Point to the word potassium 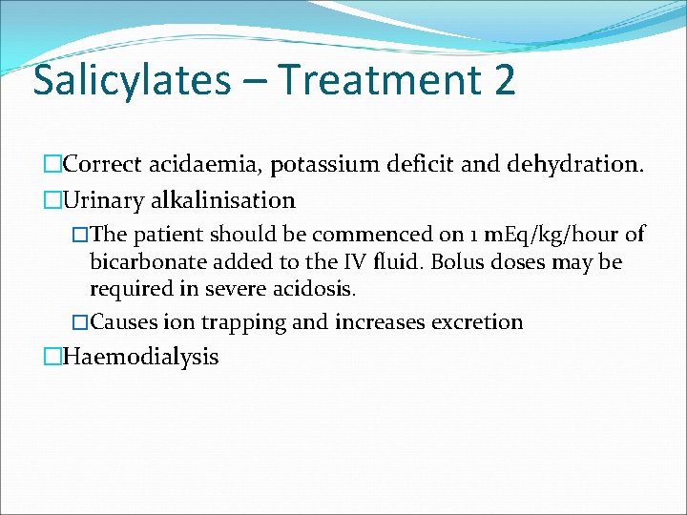coord(322,164)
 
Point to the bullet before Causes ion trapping coord(80,322)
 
